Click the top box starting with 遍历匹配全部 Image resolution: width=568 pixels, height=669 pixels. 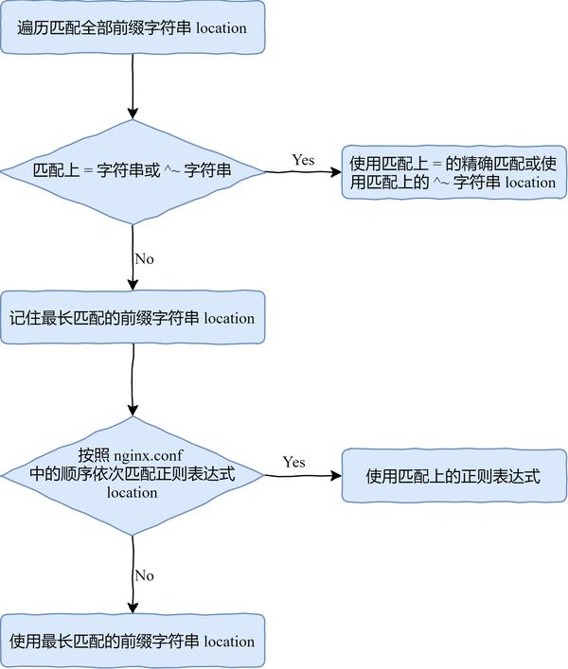[133, 28]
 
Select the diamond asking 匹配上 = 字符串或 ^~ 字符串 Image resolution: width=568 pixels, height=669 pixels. [133, 171]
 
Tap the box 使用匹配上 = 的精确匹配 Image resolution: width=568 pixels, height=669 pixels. [453, 172]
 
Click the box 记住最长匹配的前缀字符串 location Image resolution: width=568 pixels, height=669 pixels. [133, 318]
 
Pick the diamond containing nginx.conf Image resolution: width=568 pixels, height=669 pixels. [133, 475]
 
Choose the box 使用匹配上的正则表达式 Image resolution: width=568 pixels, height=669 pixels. [453, 476]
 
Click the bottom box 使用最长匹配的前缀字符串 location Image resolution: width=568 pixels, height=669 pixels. [133, 641]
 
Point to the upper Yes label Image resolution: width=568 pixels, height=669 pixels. [303, 160]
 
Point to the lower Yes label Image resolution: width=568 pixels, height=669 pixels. [293, 462]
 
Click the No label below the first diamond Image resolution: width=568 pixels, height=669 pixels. [144, 258]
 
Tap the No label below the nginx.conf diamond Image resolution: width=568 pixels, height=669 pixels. [144, 575]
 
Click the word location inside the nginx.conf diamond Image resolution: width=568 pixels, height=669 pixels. [133, 492]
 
